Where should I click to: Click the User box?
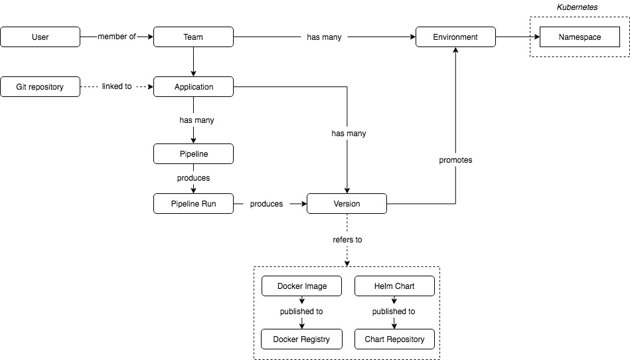coord(40,37)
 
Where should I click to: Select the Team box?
coord(193,37)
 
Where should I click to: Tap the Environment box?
coord(455,37)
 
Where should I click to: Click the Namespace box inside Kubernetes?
coord(580,37)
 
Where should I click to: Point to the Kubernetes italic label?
coord(577,7)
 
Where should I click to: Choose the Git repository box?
coord(40,87)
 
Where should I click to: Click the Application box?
coord(193,87)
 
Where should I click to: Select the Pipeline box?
coord(193,154)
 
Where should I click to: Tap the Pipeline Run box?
coord(193,204)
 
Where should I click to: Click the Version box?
coord(347,204)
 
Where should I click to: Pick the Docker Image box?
coord(302,286)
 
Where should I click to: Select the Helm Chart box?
coord(394,286)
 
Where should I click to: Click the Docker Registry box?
coord(302,339)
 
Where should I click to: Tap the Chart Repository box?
coord(394,339)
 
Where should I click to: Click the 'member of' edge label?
coord(116,37)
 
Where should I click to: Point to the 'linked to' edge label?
coord(116,87)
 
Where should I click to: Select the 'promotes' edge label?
coord(455,160)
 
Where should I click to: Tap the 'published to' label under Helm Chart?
coord(394,312)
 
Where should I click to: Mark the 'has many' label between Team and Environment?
coord(324,37)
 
